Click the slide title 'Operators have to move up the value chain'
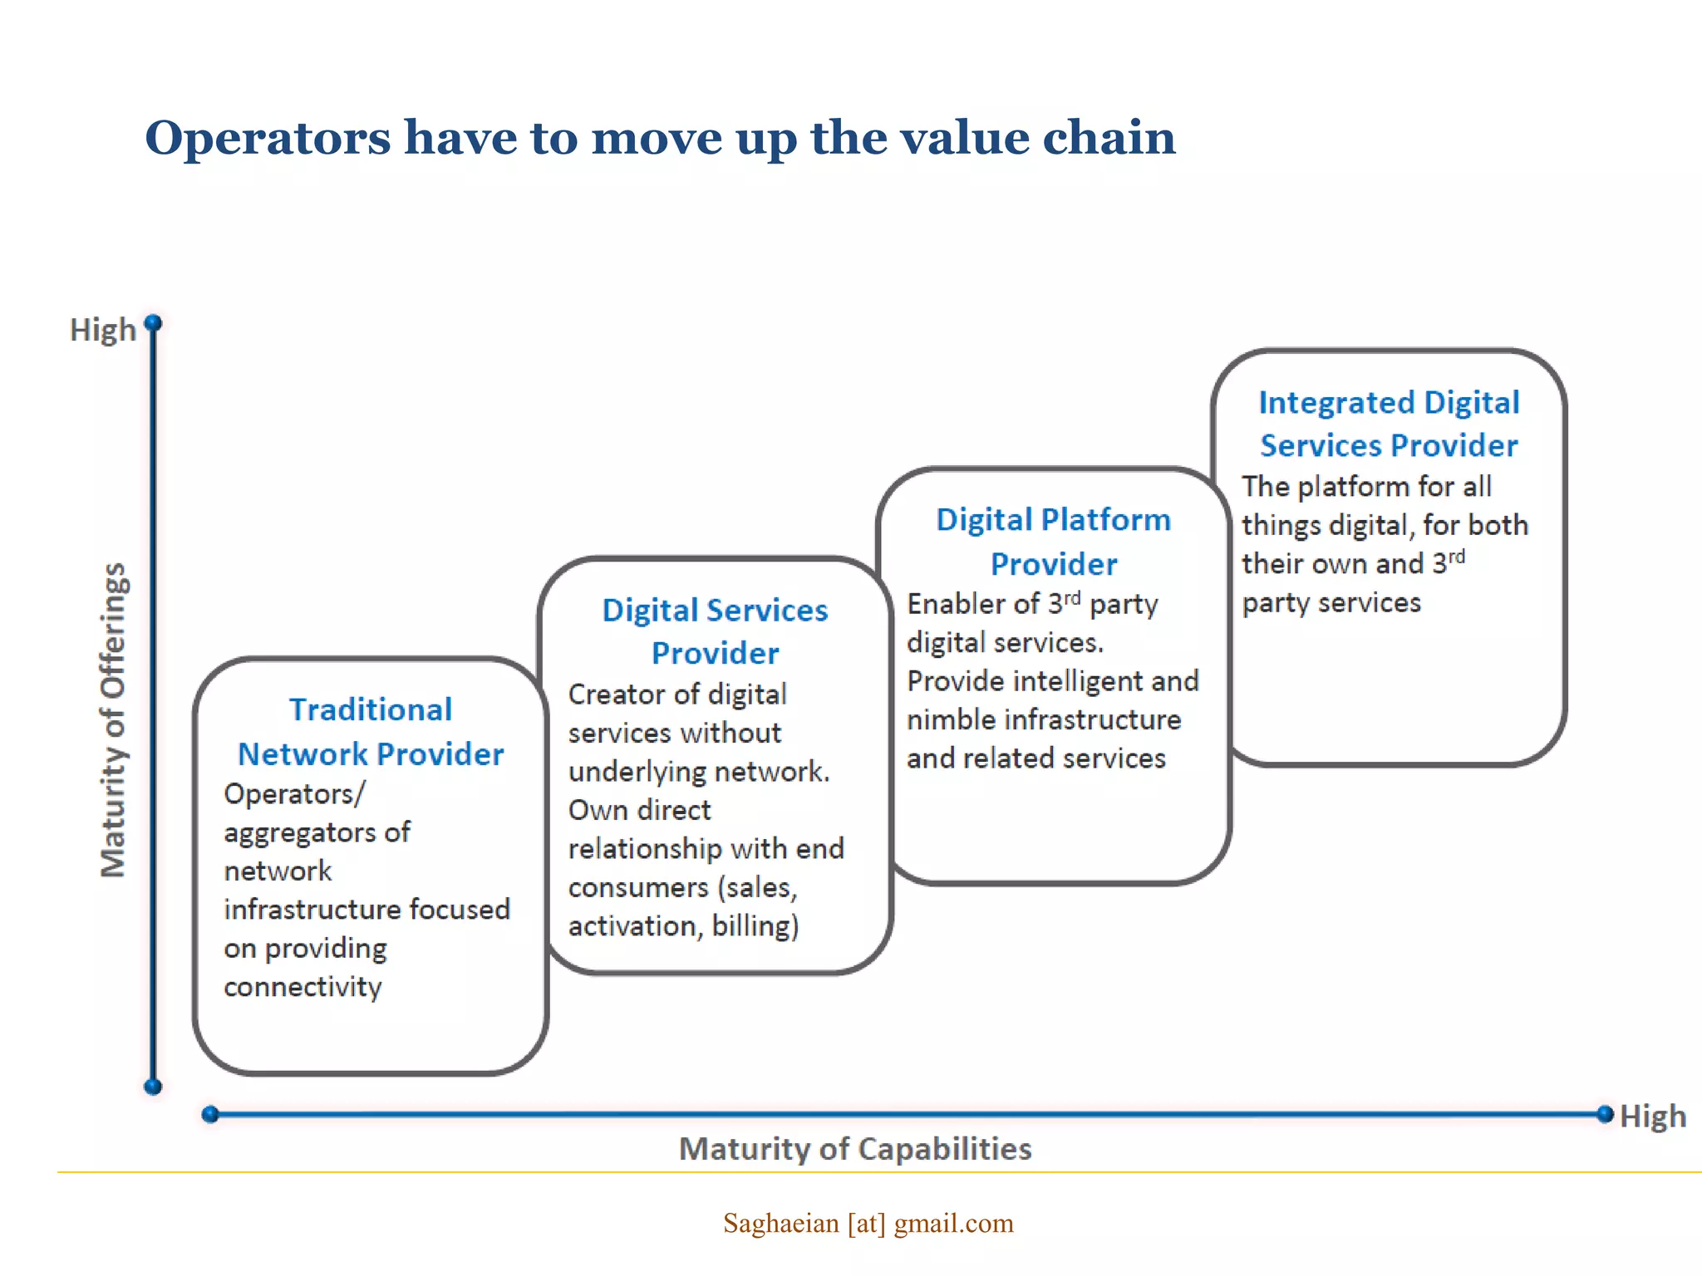point(660,138)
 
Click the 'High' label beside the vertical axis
point(102,331)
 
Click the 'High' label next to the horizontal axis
point(1652,1116)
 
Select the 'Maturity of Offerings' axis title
point(113,720)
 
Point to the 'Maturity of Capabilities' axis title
point(855,1149)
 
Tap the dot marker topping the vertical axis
point(153,322)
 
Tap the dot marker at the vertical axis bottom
point(153,1087)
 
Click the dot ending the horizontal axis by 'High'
point(1605,1114)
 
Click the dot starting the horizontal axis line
point(210,1114)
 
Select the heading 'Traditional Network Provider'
point(371,732)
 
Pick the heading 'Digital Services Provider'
point(715,631)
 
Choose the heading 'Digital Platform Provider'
point(1053,542)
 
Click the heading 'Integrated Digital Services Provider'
point(1389,424)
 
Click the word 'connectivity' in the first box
point(303,987)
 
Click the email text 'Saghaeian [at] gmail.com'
point(868,1223)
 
